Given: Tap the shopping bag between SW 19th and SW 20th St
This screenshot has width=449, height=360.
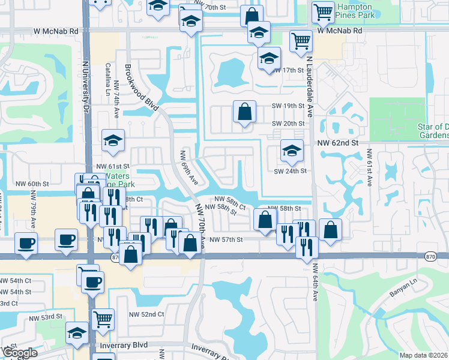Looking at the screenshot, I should (x=244, y=111).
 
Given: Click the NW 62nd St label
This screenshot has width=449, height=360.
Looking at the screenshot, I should (x=338, y=143).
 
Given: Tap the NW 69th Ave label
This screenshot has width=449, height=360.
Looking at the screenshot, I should (x=188, y=167).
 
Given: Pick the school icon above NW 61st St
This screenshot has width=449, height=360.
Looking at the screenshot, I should (x=113, y=141).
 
